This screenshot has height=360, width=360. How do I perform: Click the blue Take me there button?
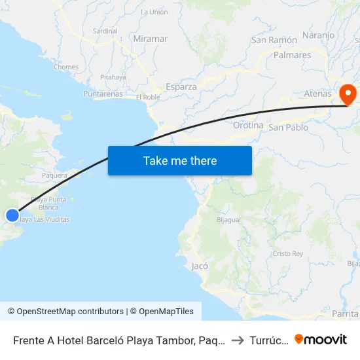(x=180, y=160)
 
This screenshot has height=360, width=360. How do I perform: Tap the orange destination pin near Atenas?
(x=348, y=96)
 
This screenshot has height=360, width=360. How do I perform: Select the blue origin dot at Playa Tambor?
(x=12, y=215)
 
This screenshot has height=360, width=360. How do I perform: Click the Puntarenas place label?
(x=103, y=94)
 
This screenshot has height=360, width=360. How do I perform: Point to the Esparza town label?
(x=181, y=86)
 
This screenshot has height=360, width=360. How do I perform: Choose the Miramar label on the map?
(x=151, y=39)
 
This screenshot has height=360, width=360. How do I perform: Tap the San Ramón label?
(x=274, y=40)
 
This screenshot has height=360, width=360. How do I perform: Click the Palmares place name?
(x=293, y=55)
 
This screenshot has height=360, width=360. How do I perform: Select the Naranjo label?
(x=319, y=35)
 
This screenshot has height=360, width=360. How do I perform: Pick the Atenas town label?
(x=318, y=94)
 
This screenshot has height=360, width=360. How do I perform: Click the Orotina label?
(x=248, y=125)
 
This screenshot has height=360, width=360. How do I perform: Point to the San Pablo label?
(x=288, y=128)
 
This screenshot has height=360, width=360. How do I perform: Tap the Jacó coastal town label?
(x=200, y=266)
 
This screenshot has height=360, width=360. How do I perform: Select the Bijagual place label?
(x=229, y=220)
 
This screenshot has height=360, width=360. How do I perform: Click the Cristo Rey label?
(x=287, y=253)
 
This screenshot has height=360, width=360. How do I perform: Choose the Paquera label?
(x=54, y=175)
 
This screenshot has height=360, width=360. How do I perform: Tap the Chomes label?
(x=66, y=67)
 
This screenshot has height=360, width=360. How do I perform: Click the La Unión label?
(x=154, y=12)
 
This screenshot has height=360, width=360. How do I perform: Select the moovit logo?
(x=321, y=339)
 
